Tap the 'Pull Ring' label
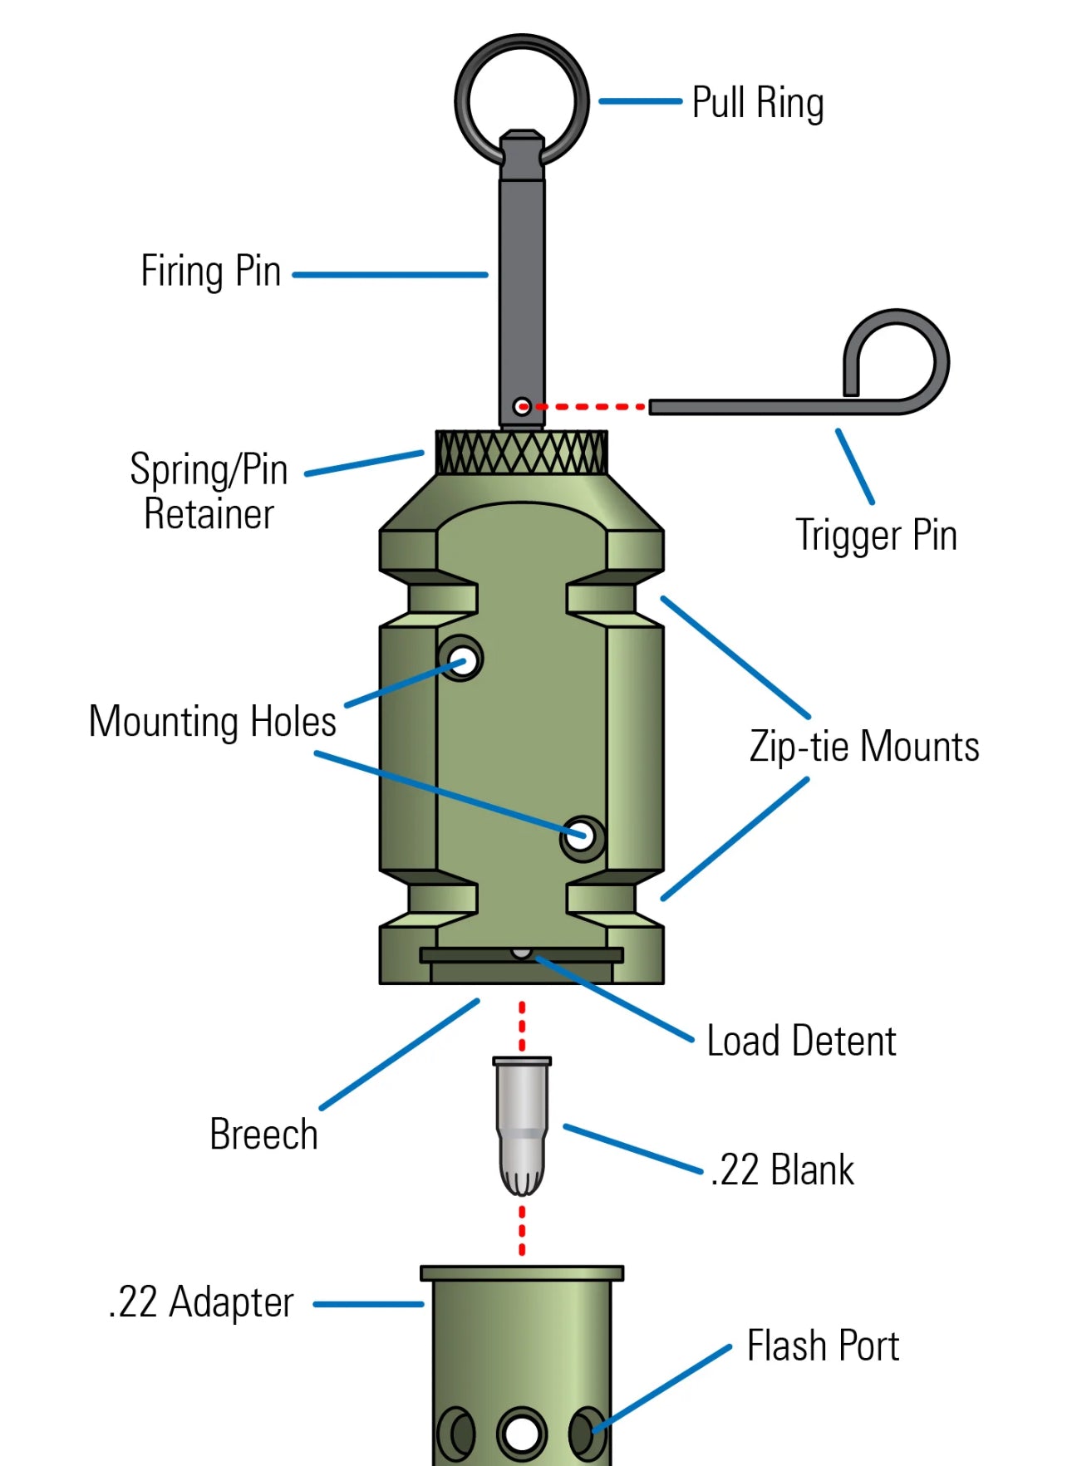757,103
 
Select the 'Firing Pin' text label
211,272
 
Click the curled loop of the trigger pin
906,349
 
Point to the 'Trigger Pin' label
876,534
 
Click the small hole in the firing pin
522,406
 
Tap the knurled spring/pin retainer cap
522,453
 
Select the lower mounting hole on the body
581,837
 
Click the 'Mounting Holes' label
213,721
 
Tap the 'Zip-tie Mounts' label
864,746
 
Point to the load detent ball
521,953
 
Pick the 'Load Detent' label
801,1041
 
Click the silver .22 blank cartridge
522,1121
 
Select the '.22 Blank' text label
782,1169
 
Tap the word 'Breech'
263,1135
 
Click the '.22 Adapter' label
201,1302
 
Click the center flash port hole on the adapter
522,1433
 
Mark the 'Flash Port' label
823,1346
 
